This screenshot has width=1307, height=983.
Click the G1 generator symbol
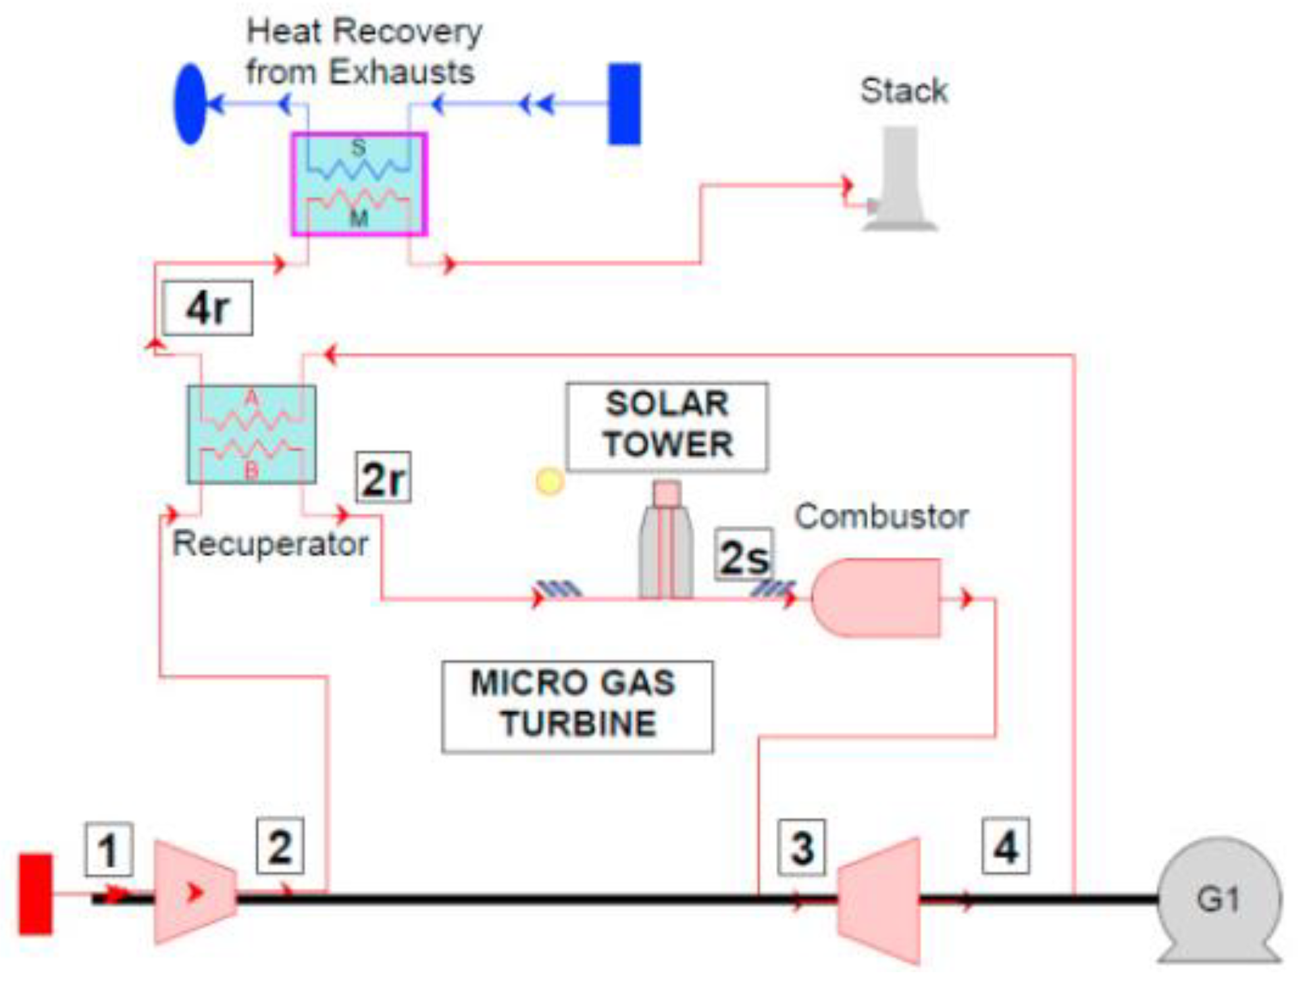pos(1219,898)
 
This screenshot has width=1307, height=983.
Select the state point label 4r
pos(208,309)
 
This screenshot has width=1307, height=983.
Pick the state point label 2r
pos(384,478)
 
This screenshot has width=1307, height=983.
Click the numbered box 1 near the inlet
pos(109,849)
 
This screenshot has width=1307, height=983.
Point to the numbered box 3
pos(801,847)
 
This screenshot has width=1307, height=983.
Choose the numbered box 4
pos(1006,846)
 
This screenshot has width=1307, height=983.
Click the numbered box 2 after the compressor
pos(280,846)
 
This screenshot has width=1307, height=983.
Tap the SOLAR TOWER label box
pos(667,426)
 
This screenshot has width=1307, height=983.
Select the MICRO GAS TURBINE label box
pos(577,706)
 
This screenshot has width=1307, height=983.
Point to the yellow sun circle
pos(549,481)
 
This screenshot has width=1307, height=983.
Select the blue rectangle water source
pos(624,104)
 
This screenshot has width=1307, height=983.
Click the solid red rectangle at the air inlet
pos(35,894)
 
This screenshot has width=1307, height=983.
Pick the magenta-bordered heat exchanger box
pos(359,184)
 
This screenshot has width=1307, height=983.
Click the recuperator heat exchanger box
pos(251,434)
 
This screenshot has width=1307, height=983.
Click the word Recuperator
pos(270,543)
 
